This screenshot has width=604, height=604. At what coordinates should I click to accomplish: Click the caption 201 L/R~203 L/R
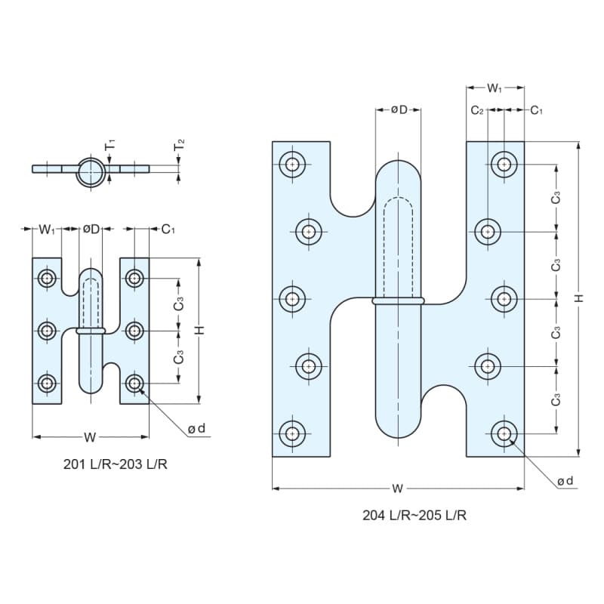(116, 464)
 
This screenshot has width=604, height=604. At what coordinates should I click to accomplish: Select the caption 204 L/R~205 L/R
(414, 515)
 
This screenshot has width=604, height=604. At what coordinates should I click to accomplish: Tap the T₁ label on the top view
(110, 145)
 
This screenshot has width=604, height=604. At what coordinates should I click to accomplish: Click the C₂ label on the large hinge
(477, 110)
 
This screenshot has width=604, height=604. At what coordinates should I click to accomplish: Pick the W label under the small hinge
(90, 437)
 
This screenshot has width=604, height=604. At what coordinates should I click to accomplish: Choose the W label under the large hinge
(397, 488)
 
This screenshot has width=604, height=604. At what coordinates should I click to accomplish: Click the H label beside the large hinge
(579, 297)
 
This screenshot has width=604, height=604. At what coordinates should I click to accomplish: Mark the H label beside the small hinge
(199, 330)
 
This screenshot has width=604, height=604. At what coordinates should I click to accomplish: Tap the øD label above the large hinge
(399, 109)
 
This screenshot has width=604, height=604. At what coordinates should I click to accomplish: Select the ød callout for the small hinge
(196, 428)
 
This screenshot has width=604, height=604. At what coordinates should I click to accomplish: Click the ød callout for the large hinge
(565, 481)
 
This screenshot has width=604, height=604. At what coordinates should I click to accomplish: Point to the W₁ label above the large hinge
(495, 88)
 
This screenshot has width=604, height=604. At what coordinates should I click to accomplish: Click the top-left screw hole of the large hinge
(292, 165)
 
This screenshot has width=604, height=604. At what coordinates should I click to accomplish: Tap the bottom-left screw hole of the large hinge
(292, 433)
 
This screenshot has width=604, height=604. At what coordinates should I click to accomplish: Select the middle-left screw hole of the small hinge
(47, 331)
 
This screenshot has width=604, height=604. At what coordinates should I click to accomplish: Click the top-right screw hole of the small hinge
(134, 278)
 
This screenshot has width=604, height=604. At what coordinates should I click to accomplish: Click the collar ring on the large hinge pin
(399, 300)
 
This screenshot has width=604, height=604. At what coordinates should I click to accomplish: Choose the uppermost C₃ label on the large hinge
(556, 198)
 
